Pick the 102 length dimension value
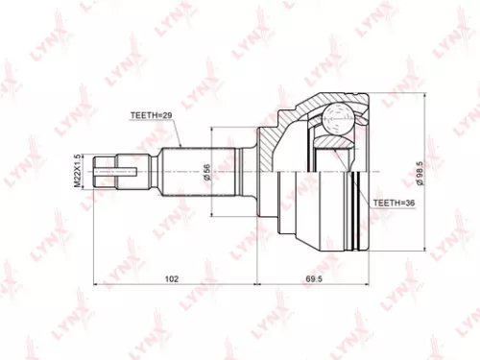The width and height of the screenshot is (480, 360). click(170, 280)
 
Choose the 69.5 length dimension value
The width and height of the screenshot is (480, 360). click(311, 280)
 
